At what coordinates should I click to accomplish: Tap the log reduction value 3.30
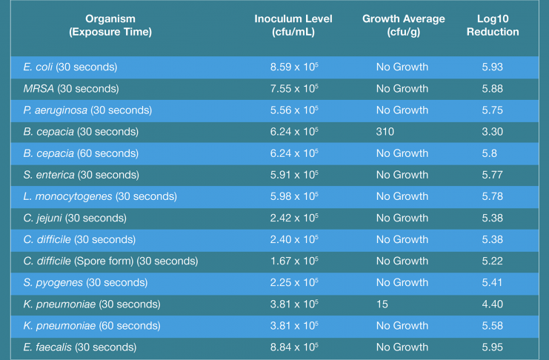tap(492, 132)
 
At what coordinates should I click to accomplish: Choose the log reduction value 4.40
tap(492, 304)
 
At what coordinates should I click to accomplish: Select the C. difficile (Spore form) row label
tap(109, 261)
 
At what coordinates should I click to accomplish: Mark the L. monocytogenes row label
tap(99, 196)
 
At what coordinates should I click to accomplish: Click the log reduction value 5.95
tap(492, 347)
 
